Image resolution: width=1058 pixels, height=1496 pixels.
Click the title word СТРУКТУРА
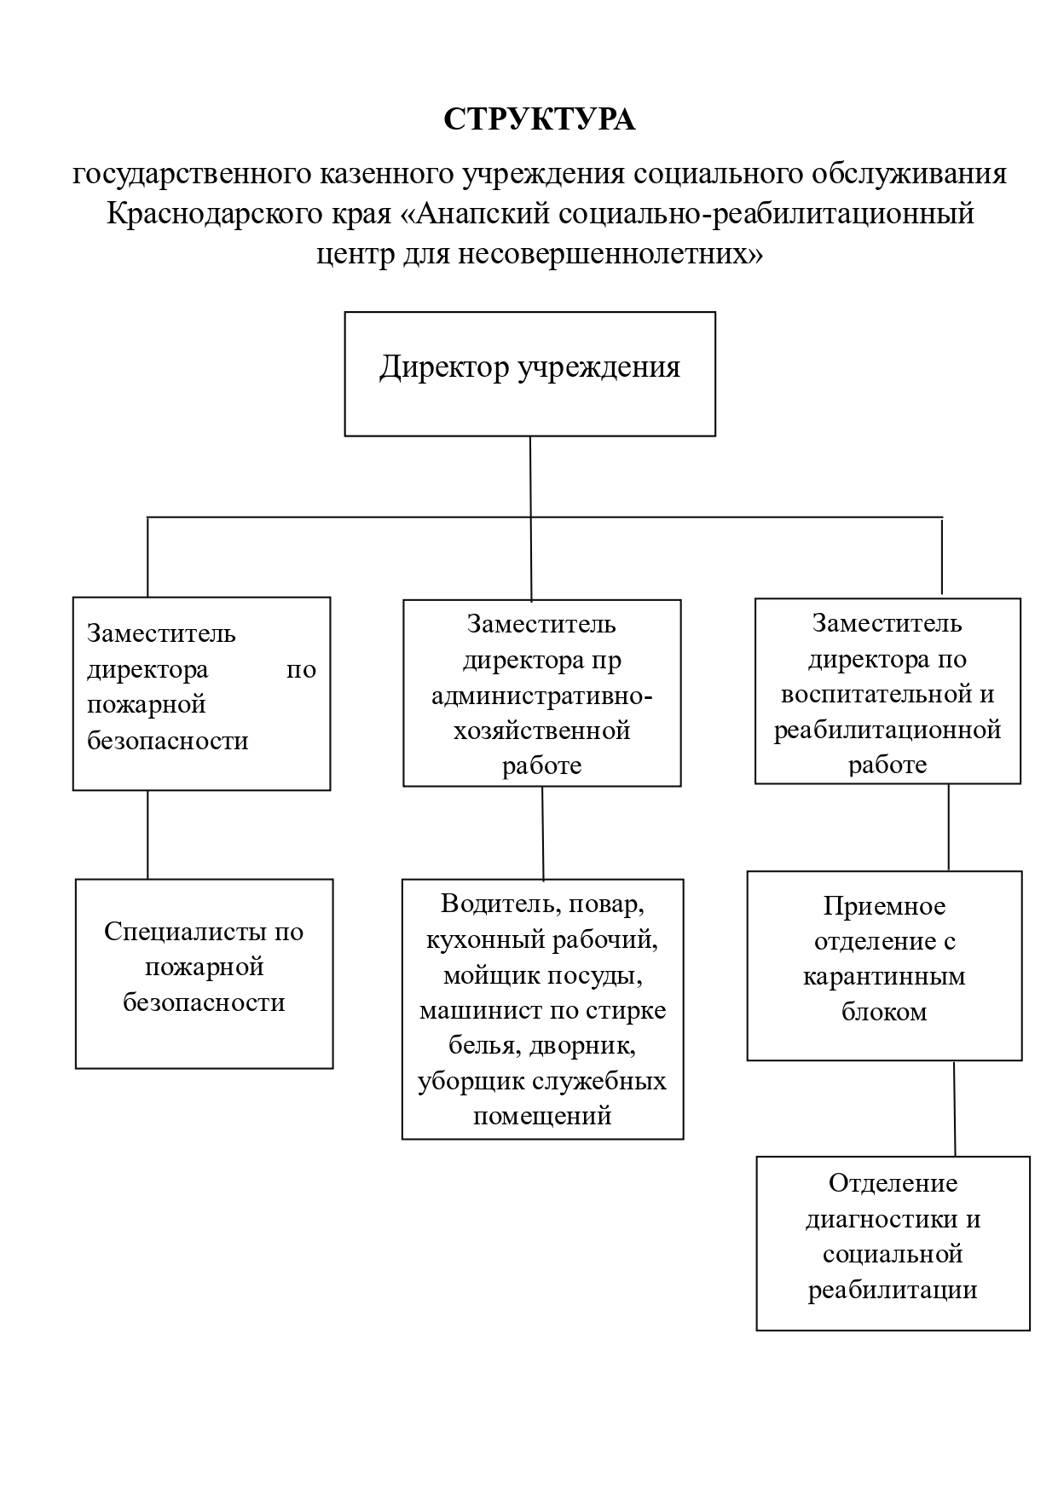[539, 120]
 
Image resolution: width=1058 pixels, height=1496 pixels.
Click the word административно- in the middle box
[542, 696]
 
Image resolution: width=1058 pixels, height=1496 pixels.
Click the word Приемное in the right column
[884, 905]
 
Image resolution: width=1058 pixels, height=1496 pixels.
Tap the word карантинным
[884, 976]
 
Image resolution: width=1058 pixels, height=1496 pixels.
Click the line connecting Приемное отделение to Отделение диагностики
[954, 1108]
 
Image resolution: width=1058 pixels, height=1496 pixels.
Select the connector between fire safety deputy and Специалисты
[147, 835]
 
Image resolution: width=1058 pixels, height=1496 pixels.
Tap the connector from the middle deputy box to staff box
[543, 833]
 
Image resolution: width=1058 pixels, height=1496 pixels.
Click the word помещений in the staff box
[542, 1116]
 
